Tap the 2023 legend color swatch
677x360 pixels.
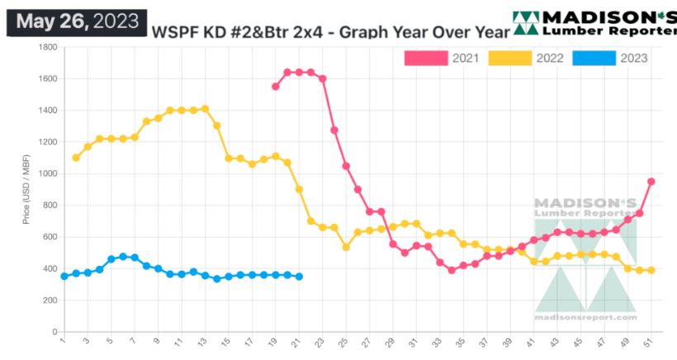coord(594,58)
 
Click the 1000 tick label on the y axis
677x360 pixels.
coord(45,174)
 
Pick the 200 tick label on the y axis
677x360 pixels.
coord(48,301)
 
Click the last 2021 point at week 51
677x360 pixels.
coord(651,182)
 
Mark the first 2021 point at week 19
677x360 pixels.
coord(275,86)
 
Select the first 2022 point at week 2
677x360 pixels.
coord(76,158)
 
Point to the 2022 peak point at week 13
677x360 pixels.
coord(205,108)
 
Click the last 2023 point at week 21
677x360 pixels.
coord(299,277)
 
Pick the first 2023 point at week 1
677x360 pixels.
coord(64,276)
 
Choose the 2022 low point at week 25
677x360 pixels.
coord(346,247)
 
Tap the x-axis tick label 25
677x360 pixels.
coord(344,341)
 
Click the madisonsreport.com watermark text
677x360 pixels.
coord(585,317)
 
